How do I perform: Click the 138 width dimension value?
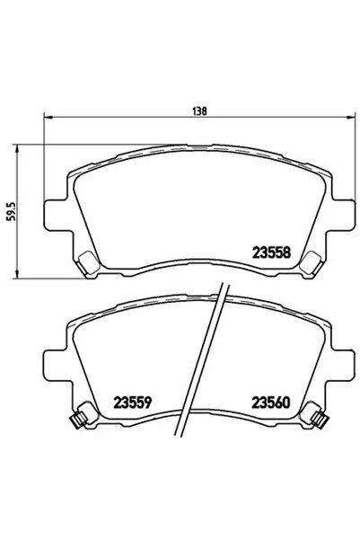(x=199, y=111)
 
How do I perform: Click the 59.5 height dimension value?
(x=12, y=211)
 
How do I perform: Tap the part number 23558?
(x=272, y=252)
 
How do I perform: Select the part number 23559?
(x=133, y=403)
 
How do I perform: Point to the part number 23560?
(x=271, y=403)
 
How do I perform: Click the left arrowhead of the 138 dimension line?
(x=48, y=118)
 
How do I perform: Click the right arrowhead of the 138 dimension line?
(x=351, y=118)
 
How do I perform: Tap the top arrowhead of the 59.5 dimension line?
(x=16, y=148)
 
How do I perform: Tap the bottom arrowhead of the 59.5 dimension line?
(x=16, y=273)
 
